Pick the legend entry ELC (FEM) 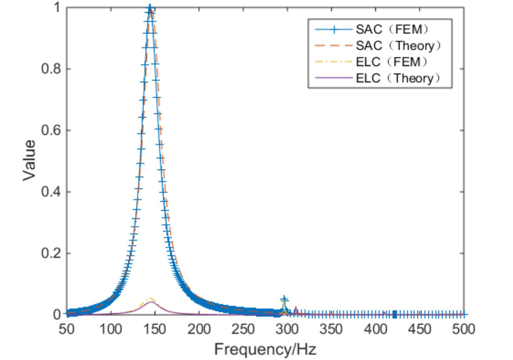click(x=394, y=62)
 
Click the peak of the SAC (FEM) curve click(x=150, y=9)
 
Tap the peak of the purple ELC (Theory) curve click(x=151, y=302)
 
